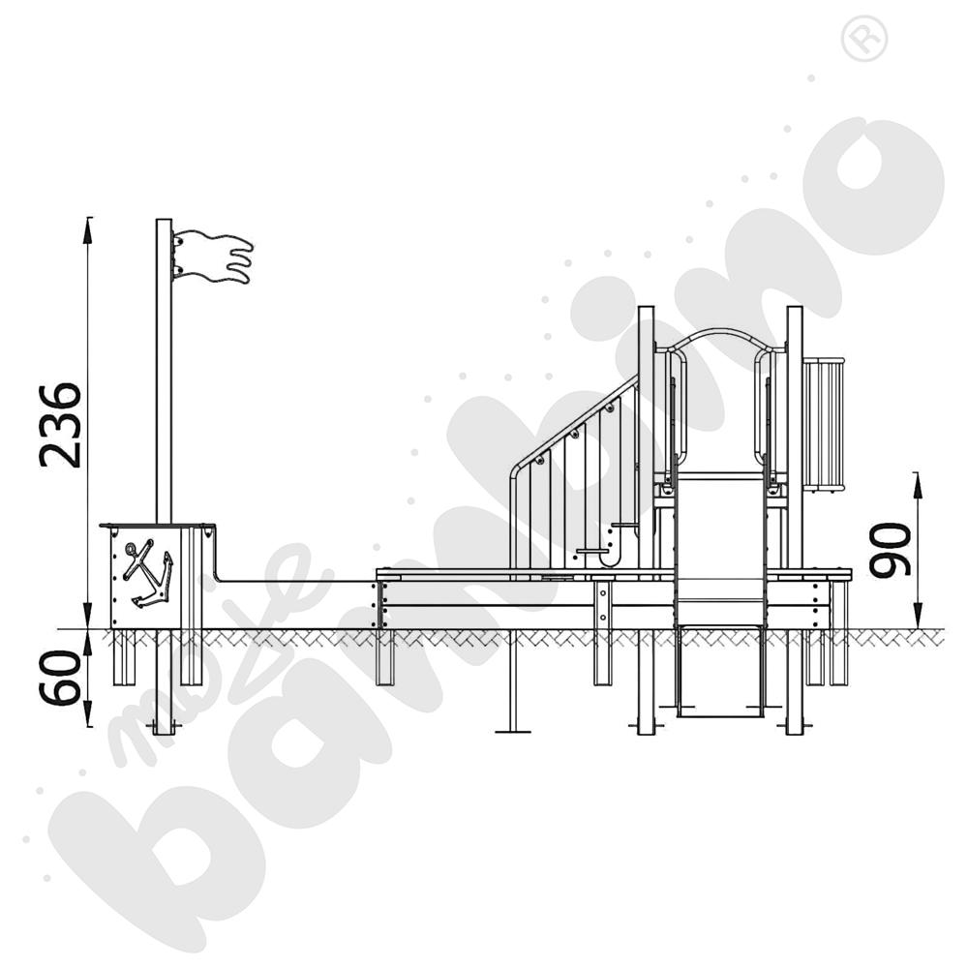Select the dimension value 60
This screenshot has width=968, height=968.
click(x=60, y=678)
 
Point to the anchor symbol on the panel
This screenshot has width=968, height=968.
click(x=147, y=574)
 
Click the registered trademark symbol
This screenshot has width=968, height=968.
click(x=864, y=40)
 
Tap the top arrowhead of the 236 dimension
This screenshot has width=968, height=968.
click(x=89, y=226)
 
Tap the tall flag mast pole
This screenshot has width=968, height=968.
click(x=164, y=387)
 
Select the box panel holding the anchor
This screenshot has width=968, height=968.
click(x=155, y=577)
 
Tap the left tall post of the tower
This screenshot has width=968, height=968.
click(x=646, y=436)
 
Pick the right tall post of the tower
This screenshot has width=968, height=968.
click(x=795, y=436)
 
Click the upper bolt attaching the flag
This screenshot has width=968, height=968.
click(x=178, y=240)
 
